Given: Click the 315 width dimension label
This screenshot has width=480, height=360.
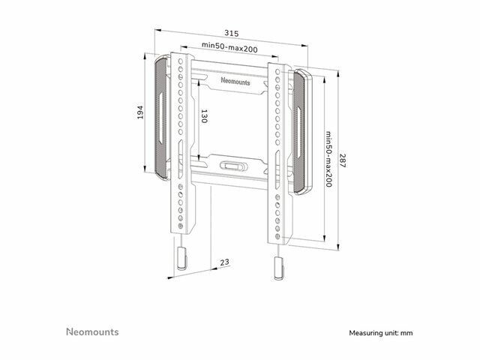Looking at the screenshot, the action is (232, 33).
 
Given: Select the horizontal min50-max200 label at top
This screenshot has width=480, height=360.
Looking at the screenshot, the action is (229, 46).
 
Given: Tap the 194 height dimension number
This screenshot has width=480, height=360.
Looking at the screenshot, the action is (140, 112).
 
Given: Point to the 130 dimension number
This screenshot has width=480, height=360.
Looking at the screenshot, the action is (204, 116).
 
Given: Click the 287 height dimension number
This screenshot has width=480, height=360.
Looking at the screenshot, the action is (342, 160).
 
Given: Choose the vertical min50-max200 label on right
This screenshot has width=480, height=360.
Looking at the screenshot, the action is (328, 159).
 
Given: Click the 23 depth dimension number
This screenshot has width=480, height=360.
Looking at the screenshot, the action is (224, 262).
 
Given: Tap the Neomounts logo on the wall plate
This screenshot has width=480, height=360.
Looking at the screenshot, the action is (235, 81).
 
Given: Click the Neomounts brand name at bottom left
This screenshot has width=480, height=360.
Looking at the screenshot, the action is (92, 331).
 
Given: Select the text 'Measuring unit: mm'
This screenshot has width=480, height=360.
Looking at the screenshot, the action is (381, 333).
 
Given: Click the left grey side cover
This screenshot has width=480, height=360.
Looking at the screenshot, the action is (161, 118).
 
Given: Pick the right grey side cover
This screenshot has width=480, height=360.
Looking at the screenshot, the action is (302, 132).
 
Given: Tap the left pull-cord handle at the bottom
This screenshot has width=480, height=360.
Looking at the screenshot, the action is (181, 258).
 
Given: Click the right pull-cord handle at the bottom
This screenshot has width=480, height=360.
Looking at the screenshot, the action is (279, 268).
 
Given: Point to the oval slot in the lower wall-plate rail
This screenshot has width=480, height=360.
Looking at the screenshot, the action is (233, 166).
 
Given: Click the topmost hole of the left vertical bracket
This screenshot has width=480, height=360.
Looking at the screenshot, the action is (181, 61).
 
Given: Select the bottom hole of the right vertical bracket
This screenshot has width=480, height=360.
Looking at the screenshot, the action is (277, 236).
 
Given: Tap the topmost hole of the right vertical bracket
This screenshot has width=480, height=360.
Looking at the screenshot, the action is (277, 72).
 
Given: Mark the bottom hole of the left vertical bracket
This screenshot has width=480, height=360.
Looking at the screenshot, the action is (180, 226).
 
